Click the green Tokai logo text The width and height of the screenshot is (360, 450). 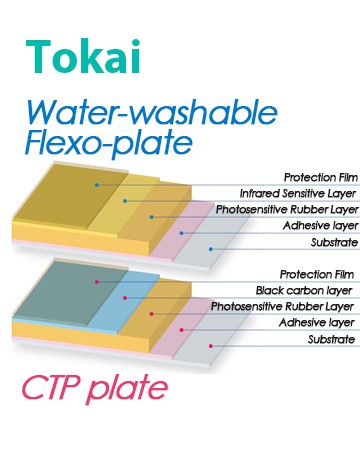[83, 56]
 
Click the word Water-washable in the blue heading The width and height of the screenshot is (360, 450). [152, 112]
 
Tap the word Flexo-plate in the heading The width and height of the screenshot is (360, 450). [109, 144]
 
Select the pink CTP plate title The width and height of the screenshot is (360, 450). [95, 388]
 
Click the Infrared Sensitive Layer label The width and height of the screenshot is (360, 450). [298, 193]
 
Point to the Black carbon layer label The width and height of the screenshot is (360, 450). [304, 291]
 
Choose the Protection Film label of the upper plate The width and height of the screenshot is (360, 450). [321, 177]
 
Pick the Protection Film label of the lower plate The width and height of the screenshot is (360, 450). [317, 274]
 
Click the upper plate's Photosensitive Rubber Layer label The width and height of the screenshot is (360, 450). [287, 210]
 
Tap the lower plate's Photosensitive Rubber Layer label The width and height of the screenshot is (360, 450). [282, 307]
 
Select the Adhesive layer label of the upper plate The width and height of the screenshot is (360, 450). [321, 226]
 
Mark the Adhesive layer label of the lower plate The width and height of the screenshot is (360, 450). [317, 323]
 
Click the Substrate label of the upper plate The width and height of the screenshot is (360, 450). [334, 242]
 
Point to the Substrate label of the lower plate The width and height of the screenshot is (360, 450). [331, 339]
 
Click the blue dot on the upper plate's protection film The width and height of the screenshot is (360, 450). [97, 185]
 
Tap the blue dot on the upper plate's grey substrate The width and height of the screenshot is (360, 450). [211, 249]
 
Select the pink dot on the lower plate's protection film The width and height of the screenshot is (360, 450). [97, 282]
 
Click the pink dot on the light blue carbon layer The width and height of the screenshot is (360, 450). [125, 298]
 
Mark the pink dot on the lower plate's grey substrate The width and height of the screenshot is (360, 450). [211, 346]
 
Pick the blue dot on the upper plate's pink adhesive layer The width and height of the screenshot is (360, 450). [182, 233]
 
